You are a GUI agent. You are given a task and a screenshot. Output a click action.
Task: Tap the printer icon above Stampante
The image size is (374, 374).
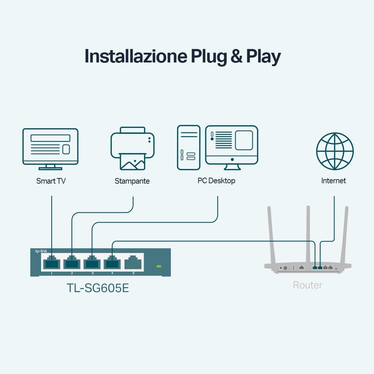click(132, 148)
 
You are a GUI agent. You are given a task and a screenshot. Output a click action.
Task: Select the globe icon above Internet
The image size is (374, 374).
click(335, 151)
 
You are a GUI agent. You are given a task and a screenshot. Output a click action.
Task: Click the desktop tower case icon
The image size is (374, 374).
click(188, 147)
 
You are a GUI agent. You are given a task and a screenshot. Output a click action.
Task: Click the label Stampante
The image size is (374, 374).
click(132, 181)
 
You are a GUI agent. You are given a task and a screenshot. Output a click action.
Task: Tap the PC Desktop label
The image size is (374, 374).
click(216, 181)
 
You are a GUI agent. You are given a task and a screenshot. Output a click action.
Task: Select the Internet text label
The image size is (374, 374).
click(334, 181)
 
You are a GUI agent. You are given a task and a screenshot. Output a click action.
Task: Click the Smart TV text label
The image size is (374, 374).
click(51, 181)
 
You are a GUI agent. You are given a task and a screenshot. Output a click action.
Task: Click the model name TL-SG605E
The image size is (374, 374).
click(98, 288)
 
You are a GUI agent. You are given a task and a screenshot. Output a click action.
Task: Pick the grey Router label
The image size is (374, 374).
click(307, 285)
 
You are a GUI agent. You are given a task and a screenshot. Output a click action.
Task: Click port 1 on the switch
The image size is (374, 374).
click(51, 263)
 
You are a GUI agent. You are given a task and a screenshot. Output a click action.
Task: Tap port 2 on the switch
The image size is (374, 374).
click(72, 263)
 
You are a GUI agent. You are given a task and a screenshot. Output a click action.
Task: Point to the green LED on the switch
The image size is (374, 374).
click(159, 266)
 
